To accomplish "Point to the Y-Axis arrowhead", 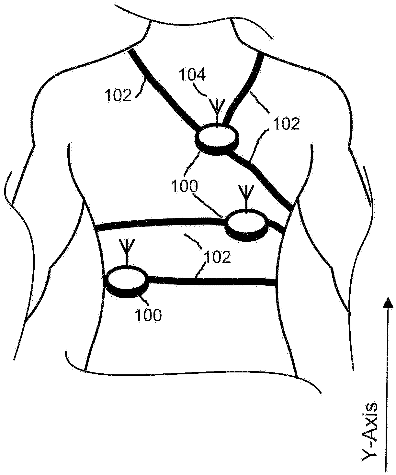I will pyautogui.click(x=387, y=303).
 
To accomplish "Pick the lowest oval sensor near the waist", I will pyautogui.click(x=127, y=278).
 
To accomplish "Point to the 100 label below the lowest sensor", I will pyautogui.click(x=149, y=315).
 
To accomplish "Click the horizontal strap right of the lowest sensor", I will pyautogui.click(x=210, y=280).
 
